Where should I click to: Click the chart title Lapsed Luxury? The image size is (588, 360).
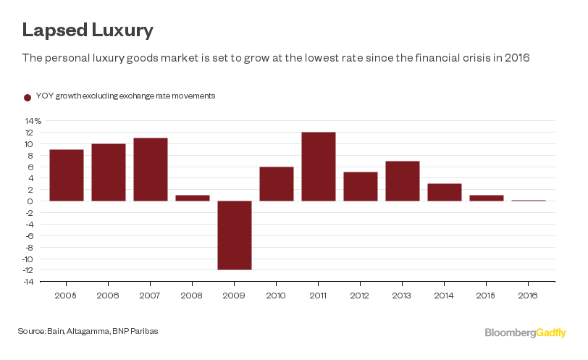coord(87,30)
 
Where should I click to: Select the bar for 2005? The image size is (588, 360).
coord(67,175)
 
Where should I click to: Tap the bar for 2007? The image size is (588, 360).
coord(151,169)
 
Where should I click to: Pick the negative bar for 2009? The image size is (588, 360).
coord(235,235)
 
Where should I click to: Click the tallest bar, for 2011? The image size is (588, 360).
coord(319,167)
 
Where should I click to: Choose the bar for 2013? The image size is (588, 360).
coord(403,181)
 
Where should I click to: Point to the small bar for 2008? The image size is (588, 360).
coord(193,198)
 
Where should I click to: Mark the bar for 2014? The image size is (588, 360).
coord(445,192)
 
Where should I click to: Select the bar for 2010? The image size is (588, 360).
coord(277,184)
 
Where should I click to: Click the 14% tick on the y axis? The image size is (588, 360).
coord(34,120)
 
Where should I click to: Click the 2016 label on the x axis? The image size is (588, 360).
coord(529,296)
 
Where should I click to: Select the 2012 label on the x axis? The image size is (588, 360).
coord(361,296)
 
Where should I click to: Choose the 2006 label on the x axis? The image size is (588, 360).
coord(109,296)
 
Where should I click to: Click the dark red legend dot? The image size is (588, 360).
coord(28,96)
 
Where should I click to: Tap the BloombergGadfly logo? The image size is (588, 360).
coord(525,332)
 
